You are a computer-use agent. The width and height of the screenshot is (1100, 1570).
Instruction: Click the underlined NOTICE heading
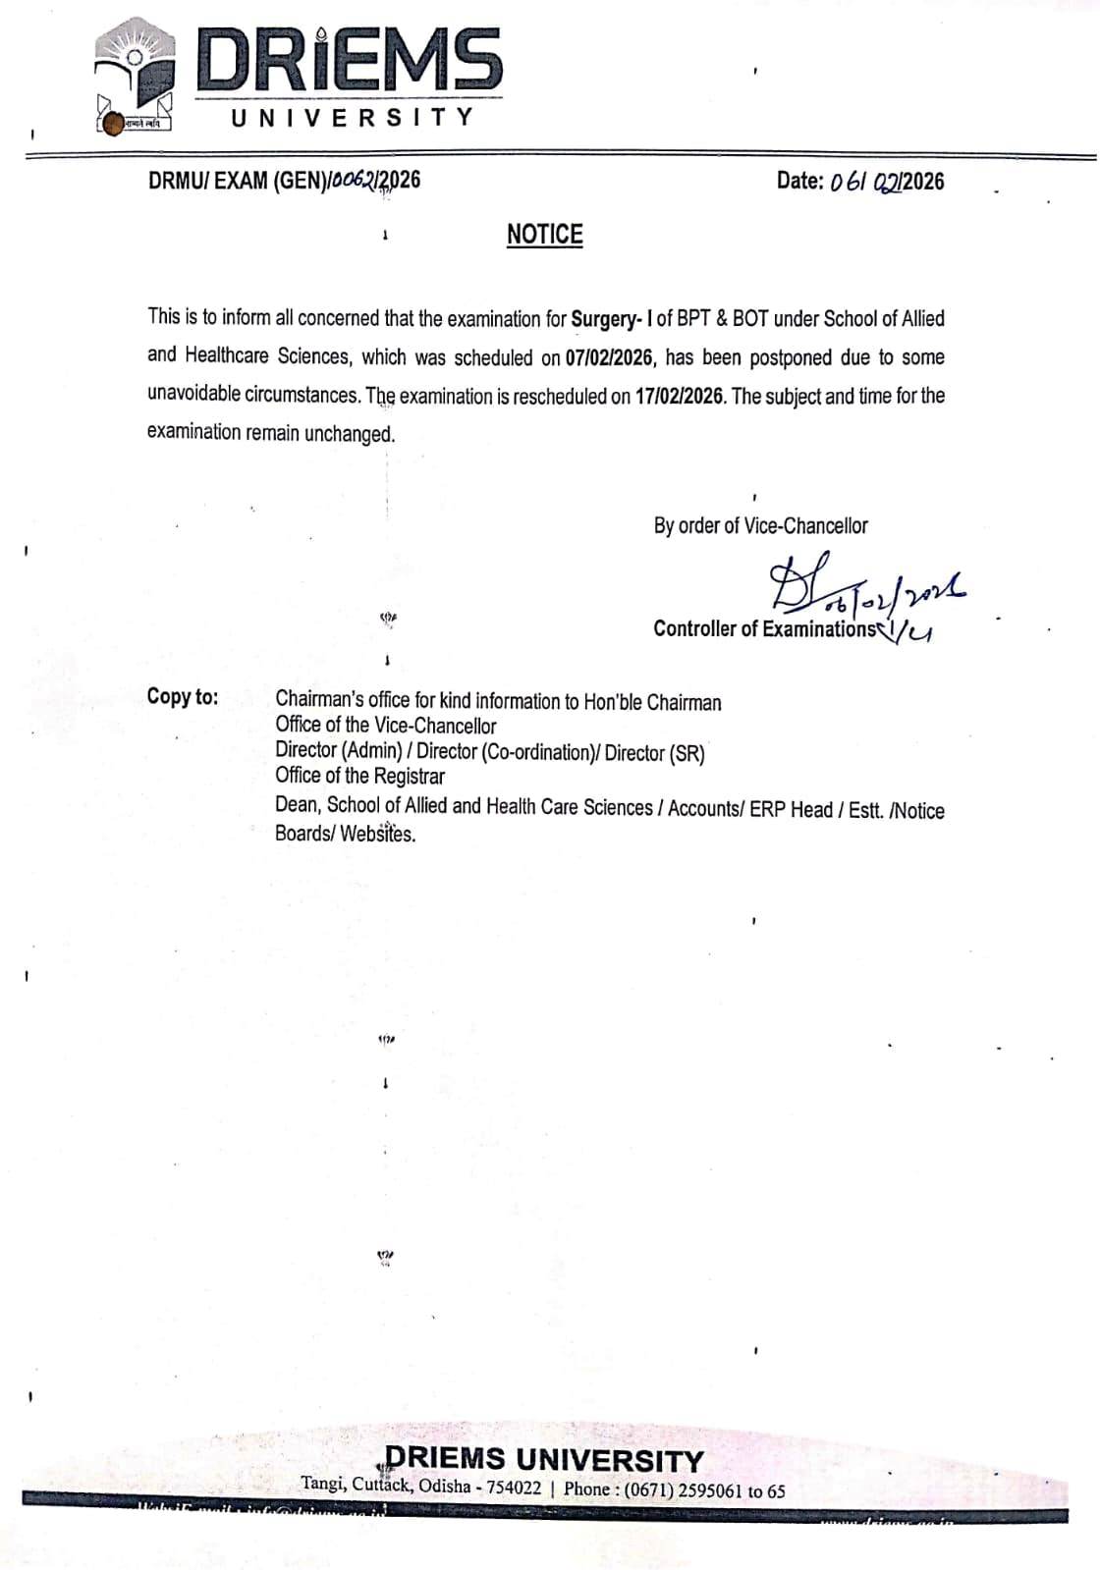point(544,235)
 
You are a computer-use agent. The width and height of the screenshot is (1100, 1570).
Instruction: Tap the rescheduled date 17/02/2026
point(679,396)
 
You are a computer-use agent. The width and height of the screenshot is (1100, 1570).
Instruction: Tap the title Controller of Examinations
point(763,629)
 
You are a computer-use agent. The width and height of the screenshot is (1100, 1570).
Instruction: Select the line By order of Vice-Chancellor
point(760,526)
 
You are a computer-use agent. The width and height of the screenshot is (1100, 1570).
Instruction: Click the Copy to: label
point(183,697)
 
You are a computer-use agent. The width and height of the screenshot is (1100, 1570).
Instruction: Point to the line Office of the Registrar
point(359,777)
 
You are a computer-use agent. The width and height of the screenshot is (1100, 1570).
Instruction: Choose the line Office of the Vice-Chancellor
point(385,727)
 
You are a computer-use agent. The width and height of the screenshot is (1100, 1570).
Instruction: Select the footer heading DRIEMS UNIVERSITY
point(544,1459)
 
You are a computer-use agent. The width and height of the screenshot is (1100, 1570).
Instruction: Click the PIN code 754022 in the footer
point(514,1488)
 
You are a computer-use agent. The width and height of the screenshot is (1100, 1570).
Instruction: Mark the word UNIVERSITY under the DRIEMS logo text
point(353,117)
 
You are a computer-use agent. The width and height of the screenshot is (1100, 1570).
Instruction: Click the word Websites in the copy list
point(377,835)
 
